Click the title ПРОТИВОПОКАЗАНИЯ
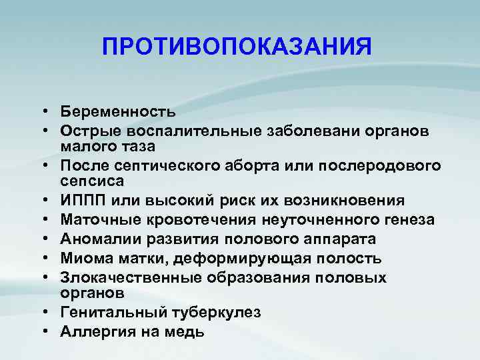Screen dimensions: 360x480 (237, 47)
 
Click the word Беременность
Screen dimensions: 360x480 (117, 111)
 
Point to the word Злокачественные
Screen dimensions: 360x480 (121, 277)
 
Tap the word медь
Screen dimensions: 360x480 (186, 331)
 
